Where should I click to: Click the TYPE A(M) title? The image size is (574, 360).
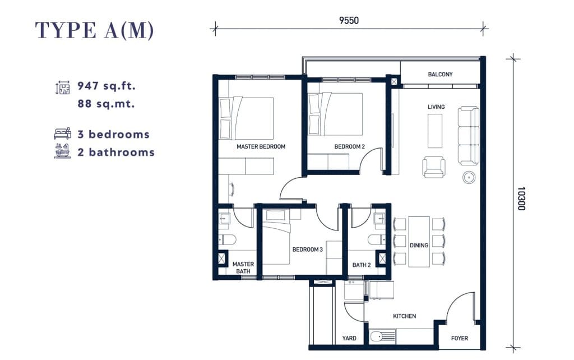(94, 30)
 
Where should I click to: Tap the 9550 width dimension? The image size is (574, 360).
(349, 21)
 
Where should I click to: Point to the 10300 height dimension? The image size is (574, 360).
(521, 199)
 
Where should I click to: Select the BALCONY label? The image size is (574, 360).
(440, 75)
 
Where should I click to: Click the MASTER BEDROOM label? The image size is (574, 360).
(261, 146)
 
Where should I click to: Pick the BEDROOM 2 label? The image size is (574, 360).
(350, 146)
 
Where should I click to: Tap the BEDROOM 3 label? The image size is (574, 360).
(308, 250)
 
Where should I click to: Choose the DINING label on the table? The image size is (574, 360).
(419, 246)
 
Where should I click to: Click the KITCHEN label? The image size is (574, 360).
(405, 316)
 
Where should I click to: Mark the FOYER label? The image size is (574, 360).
(460, 338)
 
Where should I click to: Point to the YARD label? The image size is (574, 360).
(349, 338)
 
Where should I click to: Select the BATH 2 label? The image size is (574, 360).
(362, 265)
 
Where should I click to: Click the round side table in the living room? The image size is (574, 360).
(469, 178)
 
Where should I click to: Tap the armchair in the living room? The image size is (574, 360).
(434, 168)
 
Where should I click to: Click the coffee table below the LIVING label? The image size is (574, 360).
(435, 131)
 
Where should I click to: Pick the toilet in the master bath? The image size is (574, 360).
(228, 240)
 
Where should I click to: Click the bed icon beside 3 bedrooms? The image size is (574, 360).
(62, 133)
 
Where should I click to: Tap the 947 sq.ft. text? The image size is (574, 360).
(107, 86)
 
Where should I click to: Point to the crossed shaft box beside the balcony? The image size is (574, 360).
(394, 82)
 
